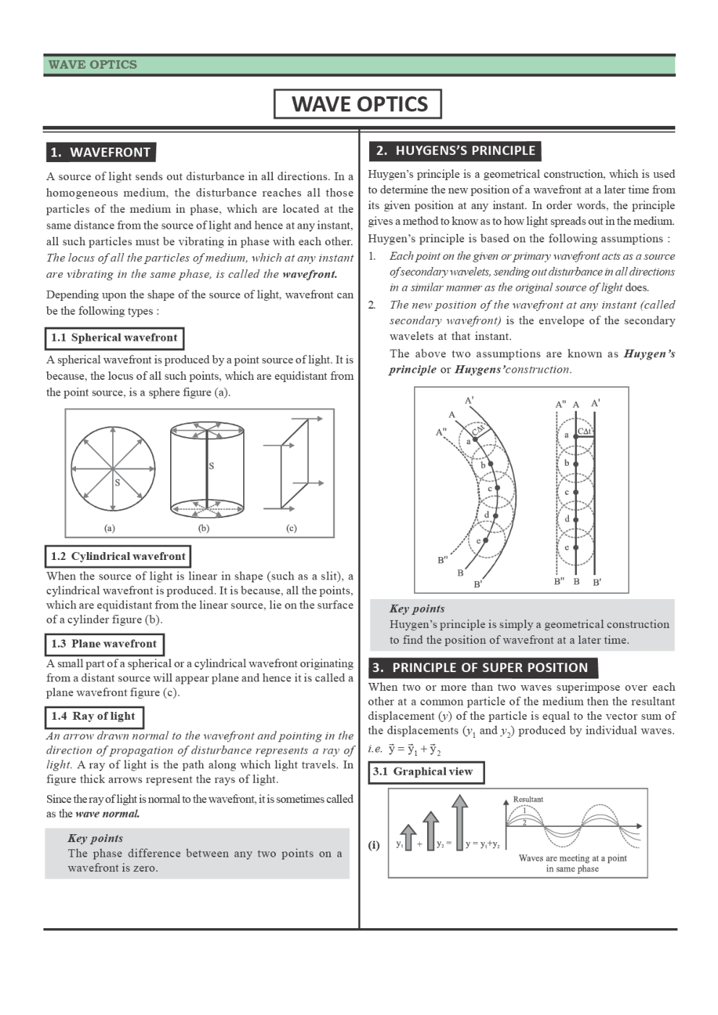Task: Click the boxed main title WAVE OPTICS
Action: (358, 103)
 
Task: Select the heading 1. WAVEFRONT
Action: (101, 152)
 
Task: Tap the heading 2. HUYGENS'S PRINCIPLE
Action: (455, 150)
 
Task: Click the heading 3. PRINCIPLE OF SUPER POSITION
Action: (483, 667)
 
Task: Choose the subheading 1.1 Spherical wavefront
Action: (114, 338)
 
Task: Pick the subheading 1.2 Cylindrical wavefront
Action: (118, 556)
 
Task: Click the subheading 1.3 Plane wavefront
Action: (104, 644)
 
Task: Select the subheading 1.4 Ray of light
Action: (93, 716)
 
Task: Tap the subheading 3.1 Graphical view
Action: (426, 772)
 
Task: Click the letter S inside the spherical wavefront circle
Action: (117, 483)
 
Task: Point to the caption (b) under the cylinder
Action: (204, 528)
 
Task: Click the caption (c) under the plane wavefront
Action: (292, 528)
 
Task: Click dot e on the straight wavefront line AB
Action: (576, 548)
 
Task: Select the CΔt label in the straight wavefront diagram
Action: (585, 431)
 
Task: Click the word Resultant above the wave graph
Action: (528, 799)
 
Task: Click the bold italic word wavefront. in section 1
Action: (310, 274)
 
